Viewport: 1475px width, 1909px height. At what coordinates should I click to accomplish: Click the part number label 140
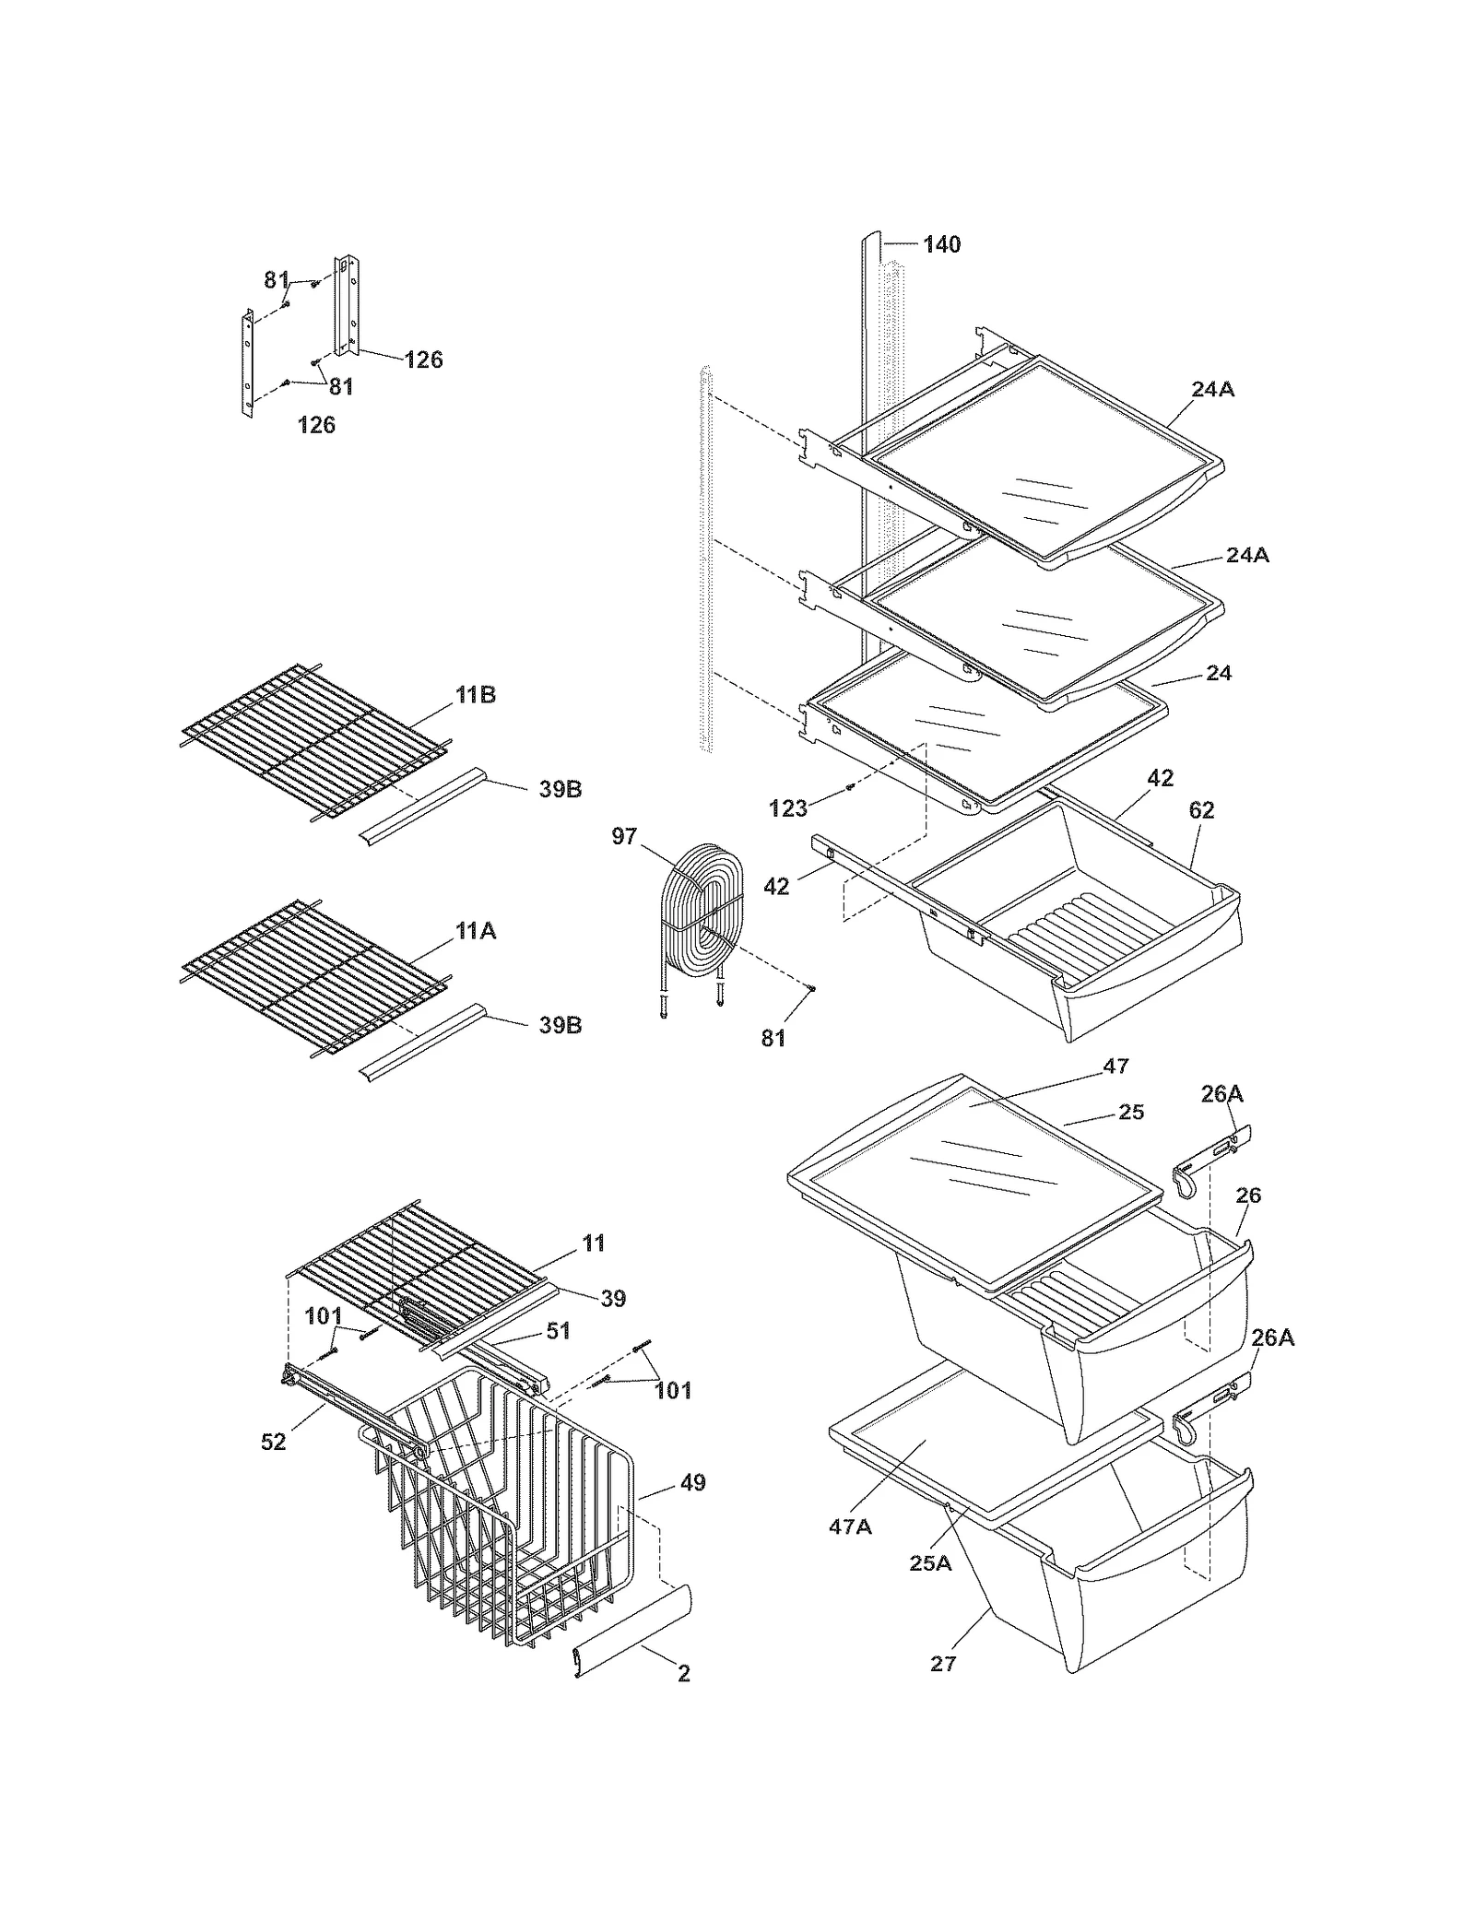[x=941, y=244]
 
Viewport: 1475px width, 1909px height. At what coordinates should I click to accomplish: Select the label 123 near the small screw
[x=787, y=808]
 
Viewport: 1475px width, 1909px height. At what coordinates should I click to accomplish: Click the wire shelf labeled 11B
[x=313, y=741]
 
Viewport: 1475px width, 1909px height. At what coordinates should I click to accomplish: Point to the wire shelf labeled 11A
[x=313, y=977]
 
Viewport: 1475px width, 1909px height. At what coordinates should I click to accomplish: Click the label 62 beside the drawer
[x=1201, y=810]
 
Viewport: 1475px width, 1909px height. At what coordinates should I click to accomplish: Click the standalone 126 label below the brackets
[x=316, y=425]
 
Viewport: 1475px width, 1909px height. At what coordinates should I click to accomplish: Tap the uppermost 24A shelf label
[x=1212, y=389]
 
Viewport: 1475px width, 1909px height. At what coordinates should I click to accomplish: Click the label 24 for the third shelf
[x=1219, y=673]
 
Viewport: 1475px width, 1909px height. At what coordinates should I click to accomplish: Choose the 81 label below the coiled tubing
[x=773, y=1038]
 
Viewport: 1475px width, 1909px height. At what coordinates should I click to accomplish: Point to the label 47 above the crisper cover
[x=1115, y=1066]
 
